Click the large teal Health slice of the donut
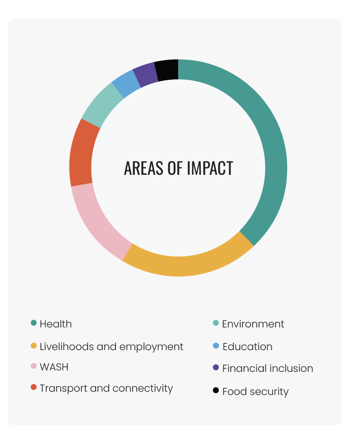pyautogui.click(x=272, y=142)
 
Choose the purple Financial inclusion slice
pyautogui.click(x=146, y=74)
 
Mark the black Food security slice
pyautogui.click(x=166, y=70)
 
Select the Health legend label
pyautogui.click(x=56, y=324)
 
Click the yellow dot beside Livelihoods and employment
pyautogui.click(x=34, y=346)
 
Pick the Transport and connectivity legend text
pyautogui.click(x=106, y=388)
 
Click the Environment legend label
pyautogui.click(x=253, y=324)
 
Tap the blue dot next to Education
pyautogui.click(x=216, y=346)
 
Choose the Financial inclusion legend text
pyautogui.click(x=268, y=369)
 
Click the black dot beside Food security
pyautogui.click(x=216, y=391)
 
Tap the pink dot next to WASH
pyautogui.click(x=34, y=366)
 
